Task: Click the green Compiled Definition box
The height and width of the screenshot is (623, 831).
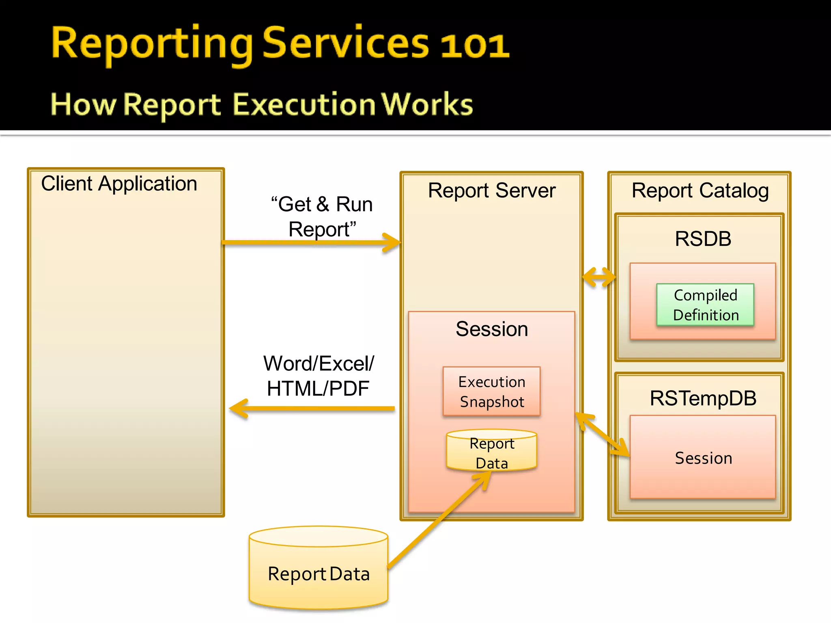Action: (705, 305)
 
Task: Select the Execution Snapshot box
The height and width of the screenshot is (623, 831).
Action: (491, 391)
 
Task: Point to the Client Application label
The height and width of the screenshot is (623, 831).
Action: (119, 184)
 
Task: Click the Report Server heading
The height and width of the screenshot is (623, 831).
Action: (491, 191)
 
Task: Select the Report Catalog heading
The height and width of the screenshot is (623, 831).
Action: (700, 191)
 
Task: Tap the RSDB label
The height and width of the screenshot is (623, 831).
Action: (703, 238)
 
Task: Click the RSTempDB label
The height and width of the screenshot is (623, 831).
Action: (703, 398)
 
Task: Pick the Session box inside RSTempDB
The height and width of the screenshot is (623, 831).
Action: (703, 458)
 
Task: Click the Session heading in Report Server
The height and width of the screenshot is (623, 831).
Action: (491, 329)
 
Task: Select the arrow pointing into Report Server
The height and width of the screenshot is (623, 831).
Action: (310, 243)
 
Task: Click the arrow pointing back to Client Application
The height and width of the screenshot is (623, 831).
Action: (312, 408)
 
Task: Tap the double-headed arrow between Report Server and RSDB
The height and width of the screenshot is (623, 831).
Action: (599, 277)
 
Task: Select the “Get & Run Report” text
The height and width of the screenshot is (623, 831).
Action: (322, 217)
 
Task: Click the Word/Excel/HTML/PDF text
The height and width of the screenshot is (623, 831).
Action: (319, 376)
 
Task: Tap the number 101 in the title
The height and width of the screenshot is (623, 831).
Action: (474, 45)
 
